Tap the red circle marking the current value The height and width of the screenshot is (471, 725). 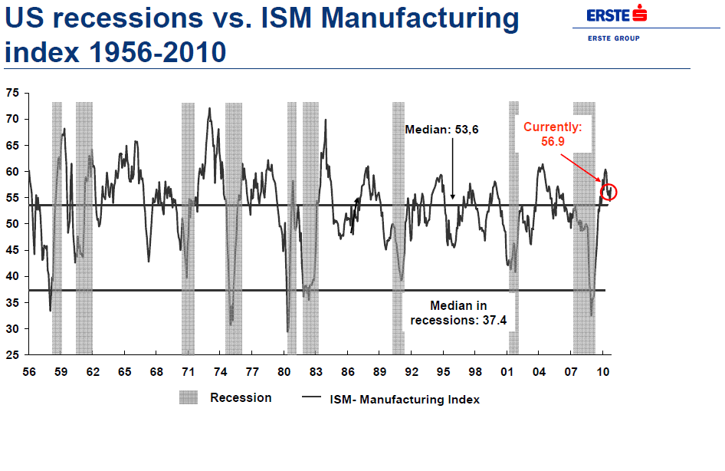(x=609, y=192)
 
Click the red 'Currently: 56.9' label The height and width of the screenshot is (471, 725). (x=553, y=133)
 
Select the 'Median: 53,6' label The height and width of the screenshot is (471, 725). (x=441, y=130)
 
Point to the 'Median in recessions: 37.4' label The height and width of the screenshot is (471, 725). (x=458, y=313)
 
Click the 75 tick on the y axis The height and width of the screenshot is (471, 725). (x=12, y=93)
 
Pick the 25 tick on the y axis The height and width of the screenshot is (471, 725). (x=12, y=355)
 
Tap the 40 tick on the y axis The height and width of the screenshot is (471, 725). (x=12, y=276)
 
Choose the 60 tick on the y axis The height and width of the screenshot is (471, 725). (x=12, y=172)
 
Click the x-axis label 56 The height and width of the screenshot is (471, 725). (x=28, y=372)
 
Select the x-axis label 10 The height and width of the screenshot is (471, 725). (x=603, y=372)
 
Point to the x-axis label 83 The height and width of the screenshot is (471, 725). (x=315, y=372)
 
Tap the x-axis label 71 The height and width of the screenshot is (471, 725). (x=188, y=372)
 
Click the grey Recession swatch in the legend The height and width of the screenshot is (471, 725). (x=189, y=397)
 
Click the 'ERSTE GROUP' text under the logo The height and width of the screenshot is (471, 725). (x=613, y=38)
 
